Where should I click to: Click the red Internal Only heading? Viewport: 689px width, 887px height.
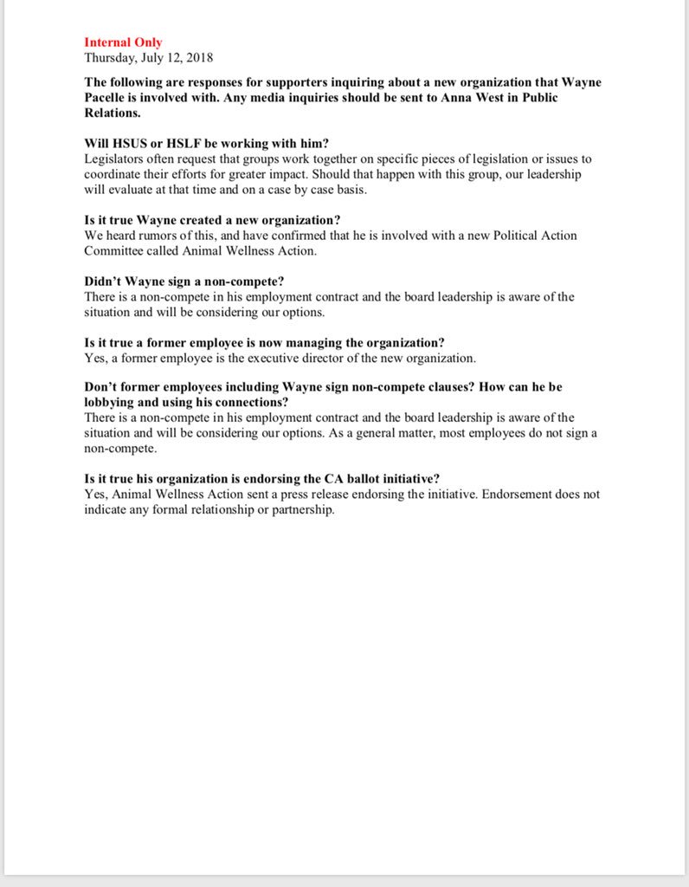pos(123,42)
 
